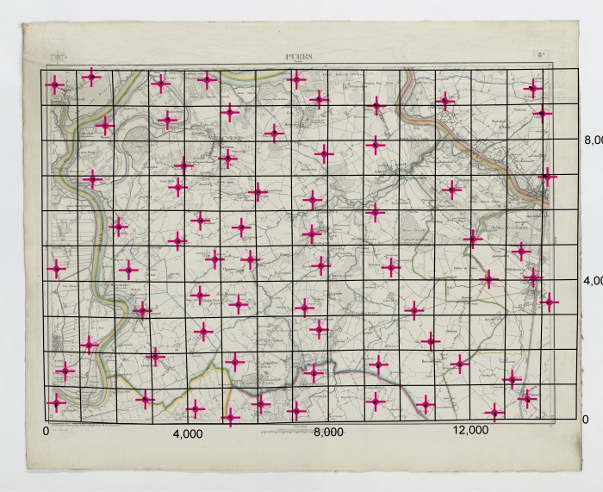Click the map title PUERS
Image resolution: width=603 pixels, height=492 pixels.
point(301,58)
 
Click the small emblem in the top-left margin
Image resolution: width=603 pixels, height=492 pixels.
point(58,58)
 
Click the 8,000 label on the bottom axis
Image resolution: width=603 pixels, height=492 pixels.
point(328,433)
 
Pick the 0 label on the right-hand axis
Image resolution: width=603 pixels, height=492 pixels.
point(585,419)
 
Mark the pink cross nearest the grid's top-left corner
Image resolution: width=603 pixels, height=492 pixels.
point(55,84)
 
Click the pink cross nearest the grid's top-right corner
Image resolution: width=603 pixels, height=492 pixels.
point(534,88)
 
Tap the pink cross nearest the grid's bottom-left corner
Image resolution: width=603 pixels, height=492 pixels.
point(57,402)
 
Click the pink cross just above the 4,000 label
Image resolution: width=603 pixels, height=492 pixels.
point(196,408)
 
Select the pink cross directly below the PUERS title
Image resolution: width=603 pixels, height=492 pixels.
point(296,80)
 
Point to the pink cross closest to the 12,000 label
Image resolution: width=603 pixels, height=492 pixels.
point(494,414)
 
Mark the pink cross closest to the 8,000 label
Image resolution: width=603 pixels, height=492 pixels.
point(296,410)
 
